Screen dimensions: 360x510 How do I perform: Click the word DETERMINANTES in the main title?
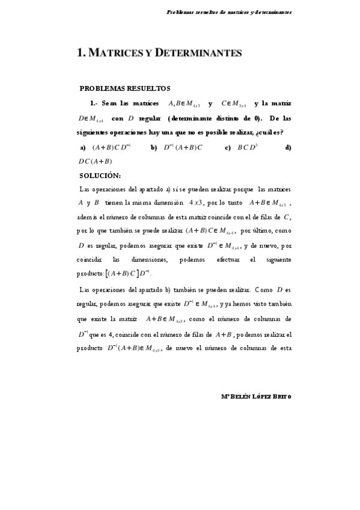tap(198, 53)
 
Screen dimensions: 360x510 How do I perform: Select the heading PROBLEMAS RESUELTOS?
tap(125, 88)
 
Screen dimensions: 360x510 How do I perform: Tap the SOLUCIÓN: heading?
tap(100, 176)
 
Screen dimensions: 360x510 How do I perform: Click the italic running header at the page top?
tap(229, 12)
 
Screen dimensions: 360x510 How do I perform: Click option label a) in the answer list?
tap(83, 147)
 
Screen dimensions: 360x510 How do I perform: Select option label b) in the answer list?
tap(154, 147)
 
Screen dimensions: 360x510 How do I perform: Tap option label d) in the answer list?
tap(288, 147)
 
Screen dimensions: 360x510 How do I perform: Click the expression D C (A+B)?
tap(96, 161)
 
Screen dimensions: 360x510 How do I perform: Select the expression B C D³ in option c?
tap(248, 147)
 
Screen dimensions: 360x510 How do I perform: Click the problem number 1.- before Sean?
tap(94, 103)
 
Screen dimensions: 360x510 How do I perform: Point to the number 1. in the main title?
tap(82, 53)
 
